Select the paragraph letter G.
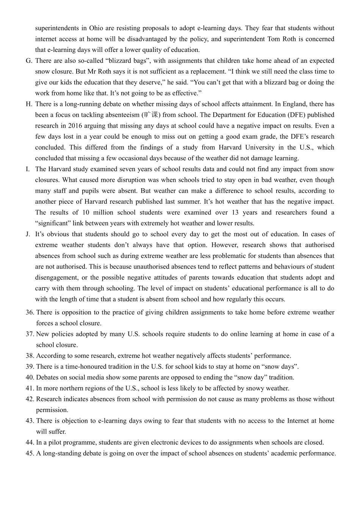[x=29, y=61]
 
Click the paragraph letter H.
[x=29, y=104]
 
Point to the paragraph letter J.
[x=28, y=234]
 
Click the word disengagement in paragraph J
[x=56, y=278]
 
